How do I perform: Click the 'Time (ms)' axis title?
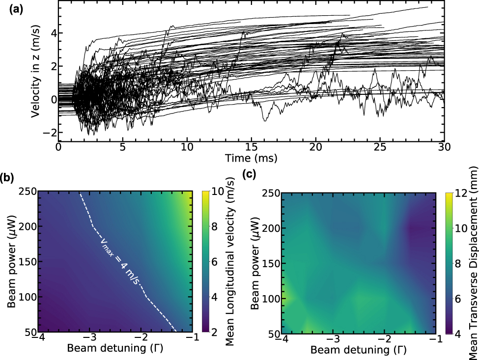[x=251, y=158]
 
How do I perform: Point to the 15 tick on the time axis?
[x=251, y=147]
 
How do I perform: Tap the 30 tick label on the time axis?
[x=444, y=147]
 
